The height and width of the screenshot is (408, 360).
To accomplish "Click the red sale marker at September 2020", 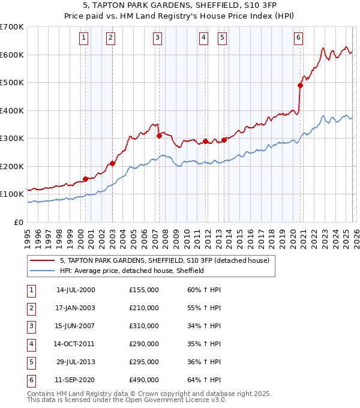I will click(301, 85).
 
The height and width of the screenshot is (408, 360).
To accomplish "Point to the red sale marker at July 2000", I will click(86, 179).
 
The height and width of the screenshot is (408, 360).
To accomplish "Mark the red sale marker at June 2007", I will click(159, 136).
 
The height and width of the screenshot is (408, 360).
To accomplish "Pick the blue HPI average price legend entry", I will click(132, 271).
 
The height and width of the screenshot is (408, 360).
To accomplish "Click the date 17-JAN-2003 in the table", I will click(75, 308).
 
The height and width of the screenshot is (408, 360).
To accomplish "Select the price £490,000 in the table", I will click(143, 380).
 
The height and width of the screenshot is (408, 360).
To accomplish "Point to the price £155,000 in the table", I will click(143, 290).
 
